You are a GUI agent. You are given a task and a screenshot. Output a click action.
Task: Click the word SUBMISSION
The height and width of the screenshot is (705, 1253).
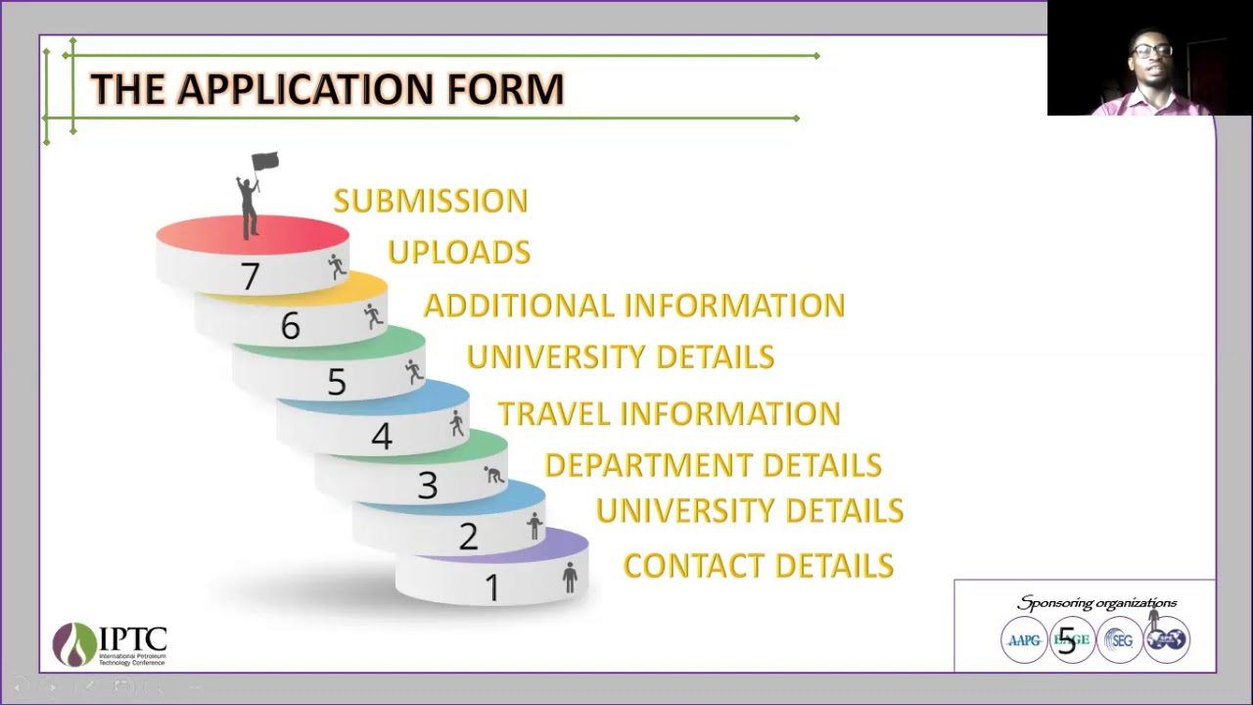431,201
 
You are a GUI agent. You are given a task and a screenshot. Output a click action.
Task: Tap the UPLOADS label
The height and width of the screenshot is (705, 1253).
459,253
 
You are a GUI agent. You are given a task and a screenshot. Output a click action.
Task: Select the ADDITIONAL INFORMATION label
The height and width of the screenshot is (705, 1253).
633,305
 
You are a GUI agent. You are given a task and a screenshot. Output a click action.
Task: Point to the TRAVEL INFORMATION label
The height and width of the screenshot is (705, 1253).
669,413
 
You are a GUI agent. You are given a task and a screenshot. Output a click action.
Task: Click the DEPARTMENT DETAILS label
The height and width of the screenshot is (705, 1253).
713,465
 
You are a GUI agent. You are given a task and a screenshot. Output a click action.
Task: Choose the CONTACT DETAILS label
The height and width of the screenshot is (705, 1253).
758,566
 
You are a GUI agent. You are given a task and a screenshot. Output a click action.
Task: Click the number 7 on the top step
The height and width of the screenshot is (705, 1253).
250,277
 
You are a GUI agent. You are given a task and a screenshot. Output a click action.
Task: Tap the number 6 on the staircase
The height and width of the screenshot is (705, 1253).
290,326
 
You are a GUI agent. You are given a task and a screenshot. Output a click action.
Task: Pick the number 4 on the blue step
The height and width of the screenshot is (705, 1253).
381,436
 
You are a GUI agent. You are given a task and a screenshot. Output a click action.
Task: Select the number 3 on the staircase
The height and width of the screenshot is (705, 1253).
427,486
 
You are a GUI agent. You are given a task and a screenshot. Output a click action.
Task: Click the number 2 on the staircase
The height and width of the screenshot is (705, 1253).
468,537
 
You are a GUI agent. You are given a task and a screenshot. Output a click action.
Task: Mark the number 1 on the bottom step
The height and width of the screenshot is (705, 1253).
491,587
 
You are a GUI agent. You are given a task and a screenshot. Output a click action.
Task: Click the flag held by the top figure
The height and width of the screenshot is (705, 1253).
265,162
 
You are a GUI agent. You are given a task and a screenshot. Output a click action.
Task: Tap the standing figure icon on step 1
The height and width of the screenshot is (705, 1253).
570,577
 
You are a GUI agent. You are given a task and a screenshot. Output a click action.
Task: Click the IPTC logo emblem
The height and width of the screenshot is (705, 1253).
74,644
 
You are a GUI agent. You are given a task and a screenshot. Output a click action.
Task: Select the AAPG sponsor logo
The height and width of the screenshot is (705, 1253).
1024,640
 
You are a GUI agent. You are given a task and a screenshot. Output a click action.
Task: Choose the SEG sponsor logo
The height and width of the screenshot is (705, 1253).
1119,640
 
